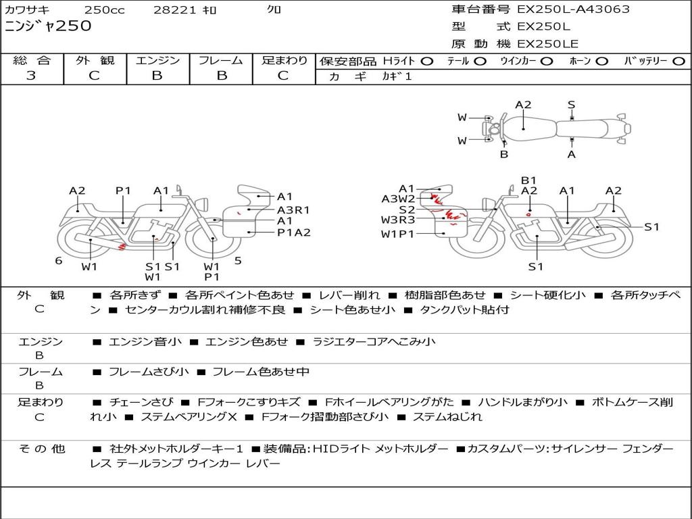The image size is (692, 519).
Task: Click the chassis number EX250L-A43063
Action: click(x=573, y=9)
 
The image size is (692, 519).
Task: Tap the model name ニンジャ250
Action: click(x=48, y=26)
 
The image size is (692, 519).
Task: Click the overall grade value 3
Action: click(x=31, y=76)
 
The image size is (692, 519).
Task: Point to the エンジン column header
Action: click(x=157, y=60)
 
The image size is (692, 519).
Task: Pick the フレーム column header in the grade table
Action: click(x=220, y=60)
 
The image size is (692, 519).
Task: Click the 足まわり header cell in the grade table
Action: click(x=285, y=60)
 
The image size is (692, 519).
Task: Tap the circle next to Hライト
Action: click(x=427, y=61)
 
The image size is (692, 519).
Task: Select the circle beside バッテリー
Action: click(x=679, y=61)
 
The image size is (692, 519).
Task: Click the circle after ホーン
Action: click(x=602, y=61)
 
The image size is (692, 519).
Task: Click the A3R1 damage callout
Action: click(x=293, y=209)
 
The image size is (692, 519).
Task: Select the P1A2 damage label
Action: click(x=293, y=232)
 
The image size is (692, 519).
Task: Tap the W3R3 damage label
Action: click(x=397, y=220)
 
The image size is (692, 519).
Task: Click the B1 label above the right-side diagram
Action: click(x=528, y=180)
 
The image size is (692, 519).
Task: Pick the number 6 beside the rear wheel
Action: click(x=59, y=260)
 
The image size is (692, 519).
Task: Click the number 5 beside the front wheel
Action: click(x=238, y=260)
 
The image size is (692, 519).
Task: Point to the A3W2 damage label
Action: click(x=398, y=199)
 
